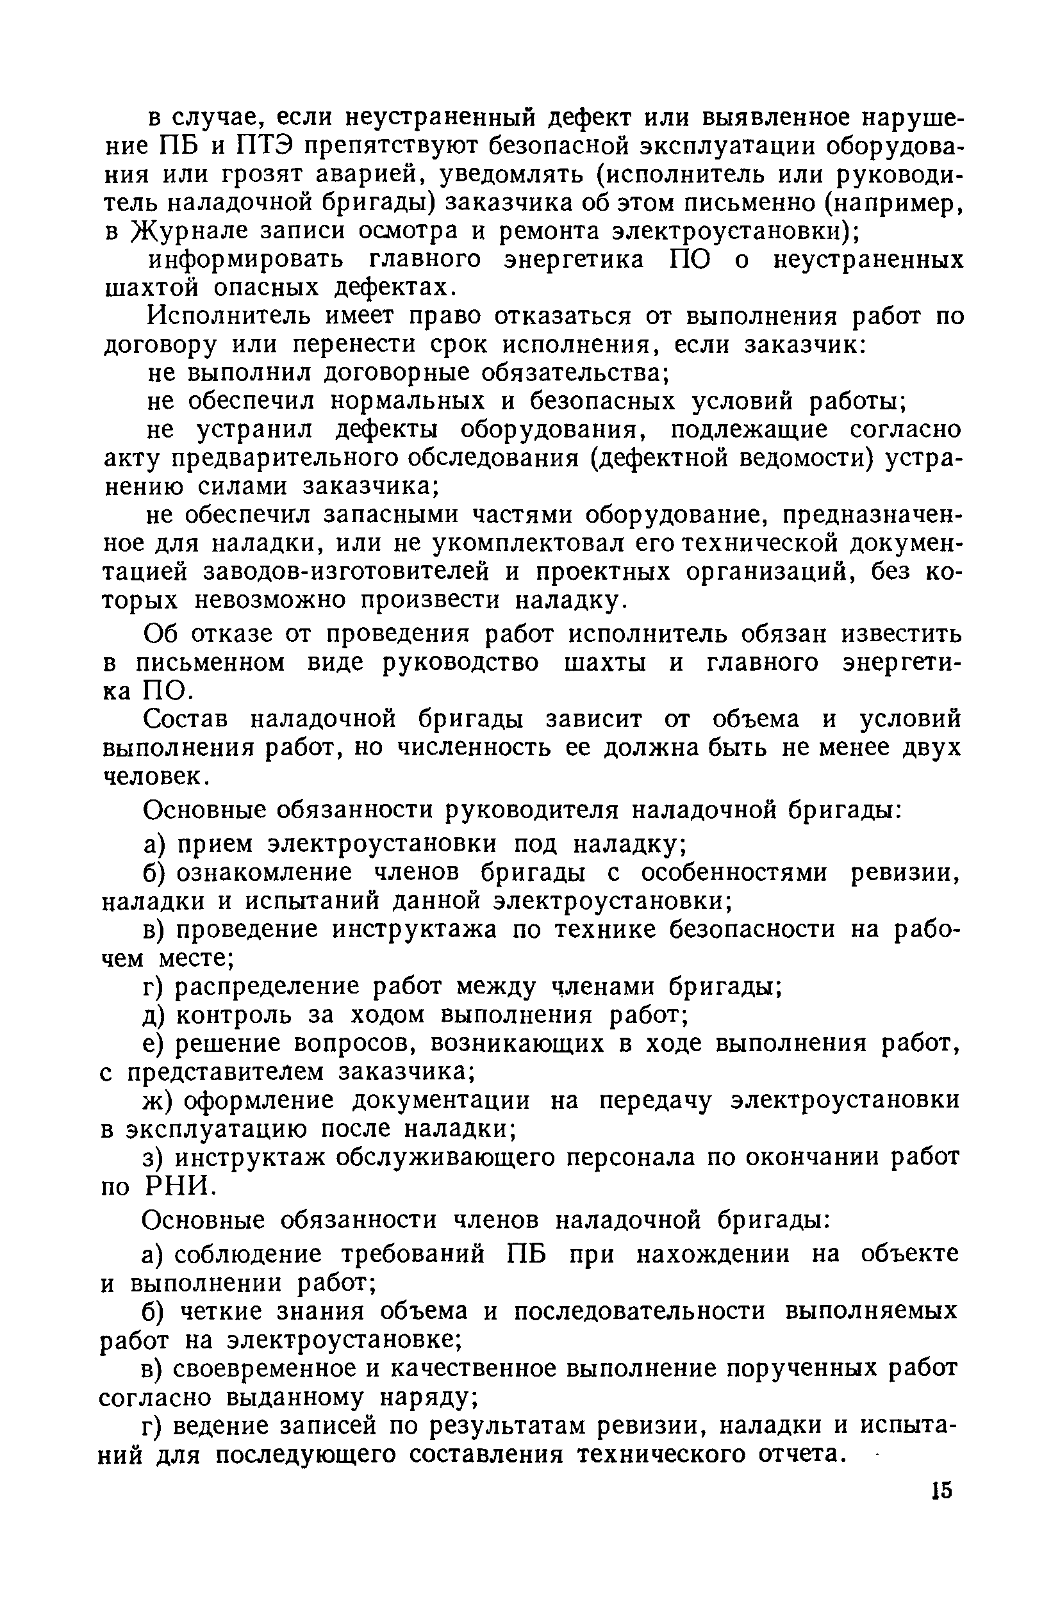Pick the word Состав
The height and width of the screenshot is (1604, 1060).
(187, 719)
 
